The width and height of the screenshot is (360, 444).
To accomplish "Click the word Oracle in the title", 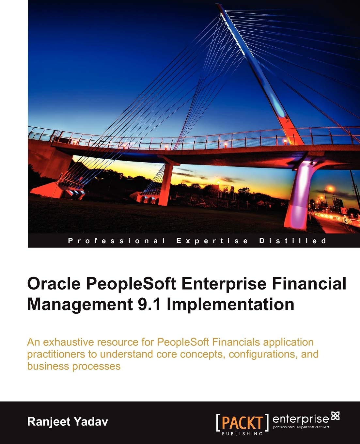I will tap(54, 283).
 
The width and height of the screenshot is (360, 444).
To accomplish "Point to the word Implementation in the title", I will tap(230, 304).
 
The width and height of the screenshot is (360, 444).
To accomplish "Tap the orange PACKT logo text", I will tap(242, 422).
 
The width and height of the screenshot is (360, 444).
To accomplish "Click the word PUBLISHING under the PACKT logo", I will tap(242, 434).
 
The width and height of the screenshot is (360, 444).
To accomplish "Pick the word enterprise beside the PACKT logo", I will tap(300, 419).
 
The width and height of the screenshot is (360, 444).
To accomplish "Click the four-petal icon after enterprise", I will tap(335, 416).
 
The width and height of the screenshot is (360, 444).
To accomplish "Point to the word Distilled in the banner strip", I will tap(292, 241).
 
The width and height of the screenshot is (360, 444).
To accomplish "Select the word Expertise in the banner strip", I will tap(212, 241).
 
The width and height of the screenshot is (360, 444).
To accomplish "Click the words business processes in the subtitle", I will tap(74, 366).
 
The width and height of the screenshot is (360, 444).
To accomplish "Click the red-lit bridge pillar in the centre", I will tap(167, 183).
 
